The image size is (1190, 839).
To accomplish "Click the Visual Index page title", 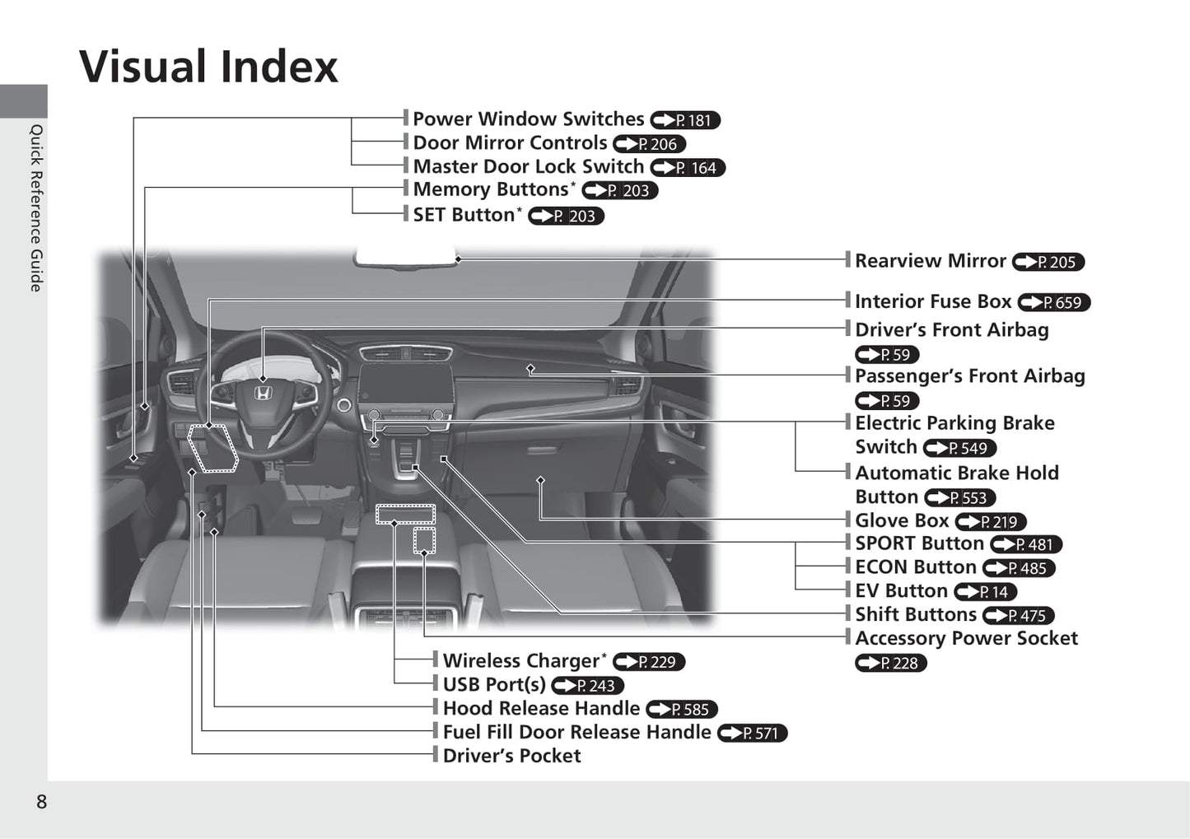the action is [208, 67].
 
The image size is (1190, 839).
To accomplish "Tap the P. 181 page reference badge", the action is [685, 120].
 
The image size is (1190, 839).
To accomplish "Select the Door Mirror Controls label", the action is [510, 142].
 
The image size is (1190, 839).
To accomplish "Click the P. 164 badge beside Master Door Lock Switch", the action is [688, 168].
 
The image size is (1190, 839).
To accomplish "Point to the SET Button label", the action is [464, 215].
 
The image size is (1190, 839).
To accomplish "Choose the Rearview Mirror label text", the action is [931, 261].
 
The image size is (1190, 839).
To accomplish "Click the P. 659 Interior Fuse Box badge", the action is [1054, 302].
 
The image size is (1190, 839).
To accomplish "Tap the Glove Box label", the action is [902, 521].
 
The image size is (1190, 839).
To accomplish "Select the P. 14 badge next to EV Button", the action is [986, 591].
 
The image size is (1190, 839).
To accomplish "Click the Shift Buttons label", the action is [916, 614].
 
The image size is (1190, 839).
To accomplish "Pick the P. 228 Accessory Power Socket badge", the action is [891, 663].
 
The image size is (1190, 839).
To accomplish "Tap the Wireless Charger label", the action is [521, 661].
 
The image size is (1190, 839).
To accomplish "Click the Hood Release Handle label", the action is [541, 708].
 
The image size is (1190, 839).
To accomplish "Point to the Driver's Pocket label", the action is [511, 756].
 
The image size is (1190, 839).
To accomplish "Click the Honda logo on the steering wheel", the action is [263, 394].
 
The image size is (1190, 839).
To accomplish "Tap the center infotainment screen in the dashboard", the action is [406, 387].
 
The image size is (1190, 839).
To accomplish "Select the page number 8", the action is [41, 802].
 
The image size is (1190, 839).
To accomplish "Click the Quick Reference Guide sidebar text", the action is [35, 208].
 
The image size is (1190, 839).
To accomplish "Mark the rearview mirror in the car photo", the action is [405, 256].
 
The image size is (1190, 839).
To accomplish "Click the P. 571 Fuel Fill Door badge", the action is [752, 734].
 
